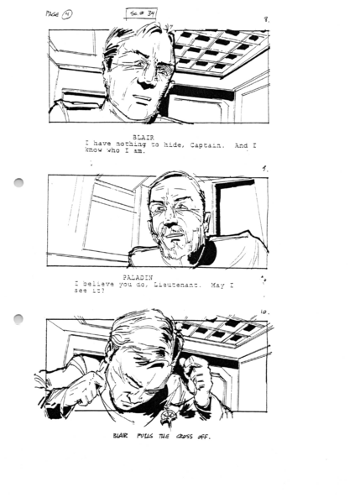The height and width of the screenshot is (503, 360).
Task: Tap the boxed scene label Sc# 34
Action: (143, 11)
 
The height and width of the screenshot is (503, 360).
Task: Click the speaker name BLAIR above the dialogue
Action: (143, 136)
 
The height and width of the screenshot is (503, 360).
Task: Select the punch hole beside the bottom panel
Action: (19, 318)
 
